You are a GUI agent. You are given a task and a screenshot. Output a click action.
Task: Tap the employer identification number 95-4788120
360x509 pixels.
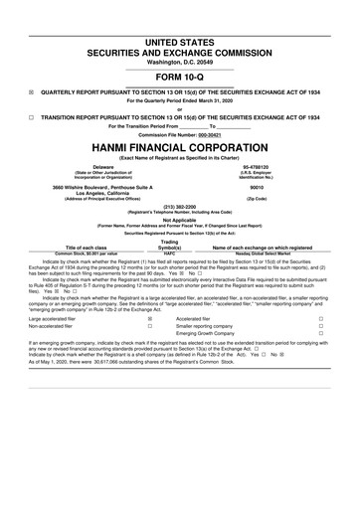(x=255, y=167)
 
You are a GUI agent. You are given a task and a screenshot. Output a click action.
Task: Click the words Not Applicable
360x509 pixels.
(x=179, y=221)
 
